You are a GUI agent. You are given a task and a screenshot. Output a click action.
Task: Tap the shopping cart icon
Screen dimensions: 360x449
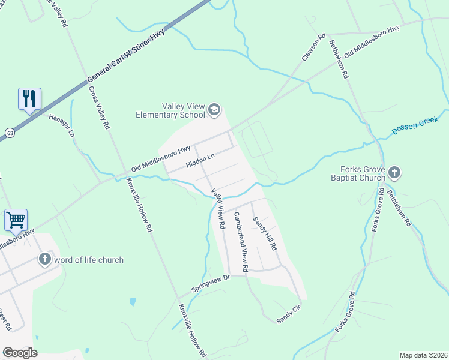coord(16,219)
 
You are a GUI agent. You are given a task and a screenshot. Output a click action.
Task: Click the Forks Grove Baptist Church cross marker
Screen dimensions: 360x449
coord(394,173)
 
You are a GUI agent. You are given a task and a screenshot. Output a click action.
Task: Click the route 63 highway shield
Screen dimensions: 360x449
coord(10,132)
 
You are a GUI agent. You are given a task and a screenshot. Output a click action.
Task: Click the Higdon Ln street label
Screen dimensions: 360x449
coord(200,160)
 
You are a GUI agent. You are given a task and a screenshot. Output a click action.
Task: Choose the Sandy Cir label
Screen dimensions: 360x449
coord(288,314)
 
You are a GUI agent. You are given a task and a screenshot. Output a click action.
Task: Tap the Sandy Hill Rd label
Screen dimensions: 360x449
coord(265,234)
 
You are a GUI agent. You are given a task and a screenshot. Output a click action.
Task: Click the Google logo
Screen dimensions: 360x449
coord(20,353)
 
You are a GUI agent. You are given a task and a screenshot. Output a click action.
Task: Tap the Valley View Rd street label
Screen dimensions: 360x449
coord(218,209)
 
